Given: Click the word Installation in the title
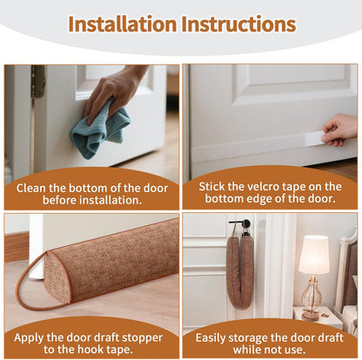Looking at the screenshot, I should click(x=121, y=23).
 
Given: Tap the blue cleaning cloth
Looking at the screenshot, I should click(x=100, y=130).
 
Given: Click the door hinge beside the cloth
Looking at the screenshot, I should click(x=37, y=82).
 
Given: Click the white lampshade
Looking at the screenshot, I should click(x=313, y=255).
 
